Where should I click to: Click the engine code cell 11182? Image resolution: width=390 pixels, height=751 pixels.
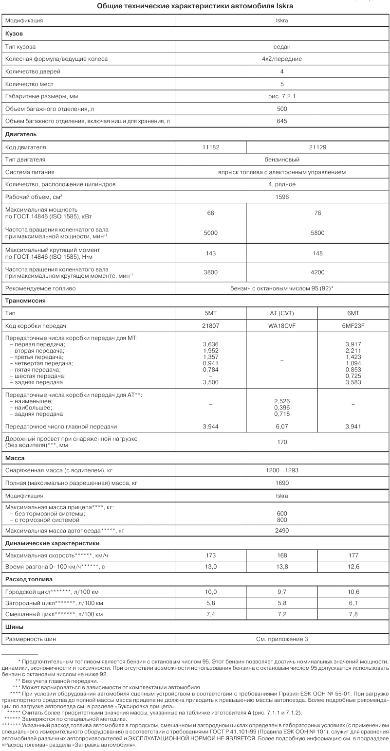(x=211, y=147)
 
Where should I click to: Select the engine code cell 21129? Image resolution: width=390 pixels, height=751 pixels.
(x=317, y=147)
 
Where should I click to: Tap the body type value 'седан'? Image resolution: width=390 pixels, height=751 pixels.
(x=282, y=47)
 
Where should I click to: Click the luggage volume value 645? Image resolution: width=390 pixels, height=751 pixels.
(x=282, y=121)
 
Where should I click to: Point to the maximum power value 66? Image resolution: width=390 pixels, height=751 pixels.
(x=211, y=213)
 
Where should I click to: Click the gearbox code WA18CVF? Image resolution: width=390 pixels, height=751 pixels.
(x=282, y=325)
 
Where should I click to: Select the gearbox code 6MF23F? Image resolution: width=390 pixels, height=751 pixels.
(x=353, y=325)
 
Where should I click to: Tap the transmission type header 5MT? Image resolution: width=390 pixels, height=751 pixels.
(x=211, y=313)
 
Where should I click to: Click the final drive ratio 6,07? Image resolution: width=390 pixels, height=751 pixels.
(x=282, y=427)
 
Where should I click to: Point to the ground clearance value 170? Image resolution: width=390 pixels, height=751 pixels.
(x=282, y=442)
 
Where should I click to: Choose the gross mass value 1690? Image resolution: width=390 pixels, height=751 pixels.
(x=282, y=483)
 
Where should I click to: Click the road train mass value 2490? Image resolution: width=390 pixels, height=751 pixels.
(x=282, y=531)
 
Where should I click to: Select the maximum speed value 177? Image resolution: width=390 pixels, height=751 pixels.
(x=353, y=555)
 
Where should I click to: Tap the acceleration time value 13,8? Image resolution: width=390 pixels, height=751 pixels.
(x=282, y=567)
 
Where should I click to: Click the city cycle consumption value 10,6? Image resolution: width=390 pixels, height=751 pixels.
(x=353, y=591)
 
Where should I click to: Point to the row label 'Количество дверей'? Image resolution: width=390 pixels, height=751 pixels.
(x=33, y=72)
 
